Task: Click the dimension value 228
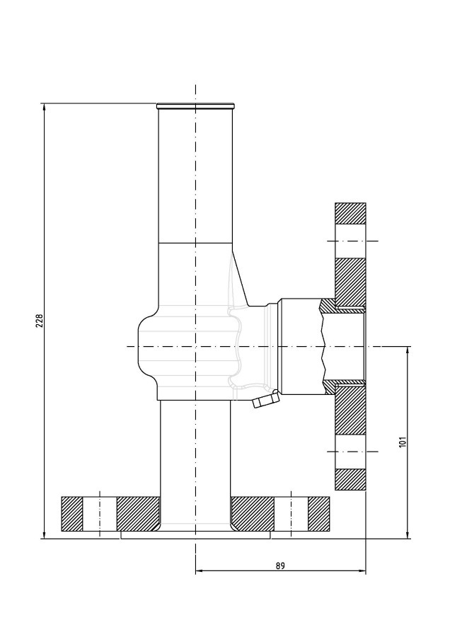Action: [40, 321]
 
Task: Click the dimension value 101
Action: [403, 442]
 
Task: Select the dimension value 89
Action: [280, 566]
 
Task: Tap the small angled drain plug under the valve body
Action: [265, 400]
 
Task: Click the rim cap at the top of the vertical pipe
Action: [195, 106]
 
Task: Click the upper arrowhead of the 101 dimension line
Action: [408, 351]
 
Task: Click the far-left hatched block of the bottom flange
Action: [72, 514]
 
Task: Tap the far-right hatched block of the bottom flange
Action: [318, 514]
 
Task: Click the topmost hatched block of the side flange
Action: [350, 213]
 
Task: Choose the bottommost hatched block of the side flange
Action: [350, 479]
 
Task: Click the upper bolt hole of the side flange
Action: [350, 241]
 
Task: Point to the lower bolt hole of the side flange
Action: [350, 452]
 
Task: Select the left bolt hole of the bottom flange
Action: [100, 514]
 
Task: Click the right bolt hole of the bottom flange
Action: [292, 514]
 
